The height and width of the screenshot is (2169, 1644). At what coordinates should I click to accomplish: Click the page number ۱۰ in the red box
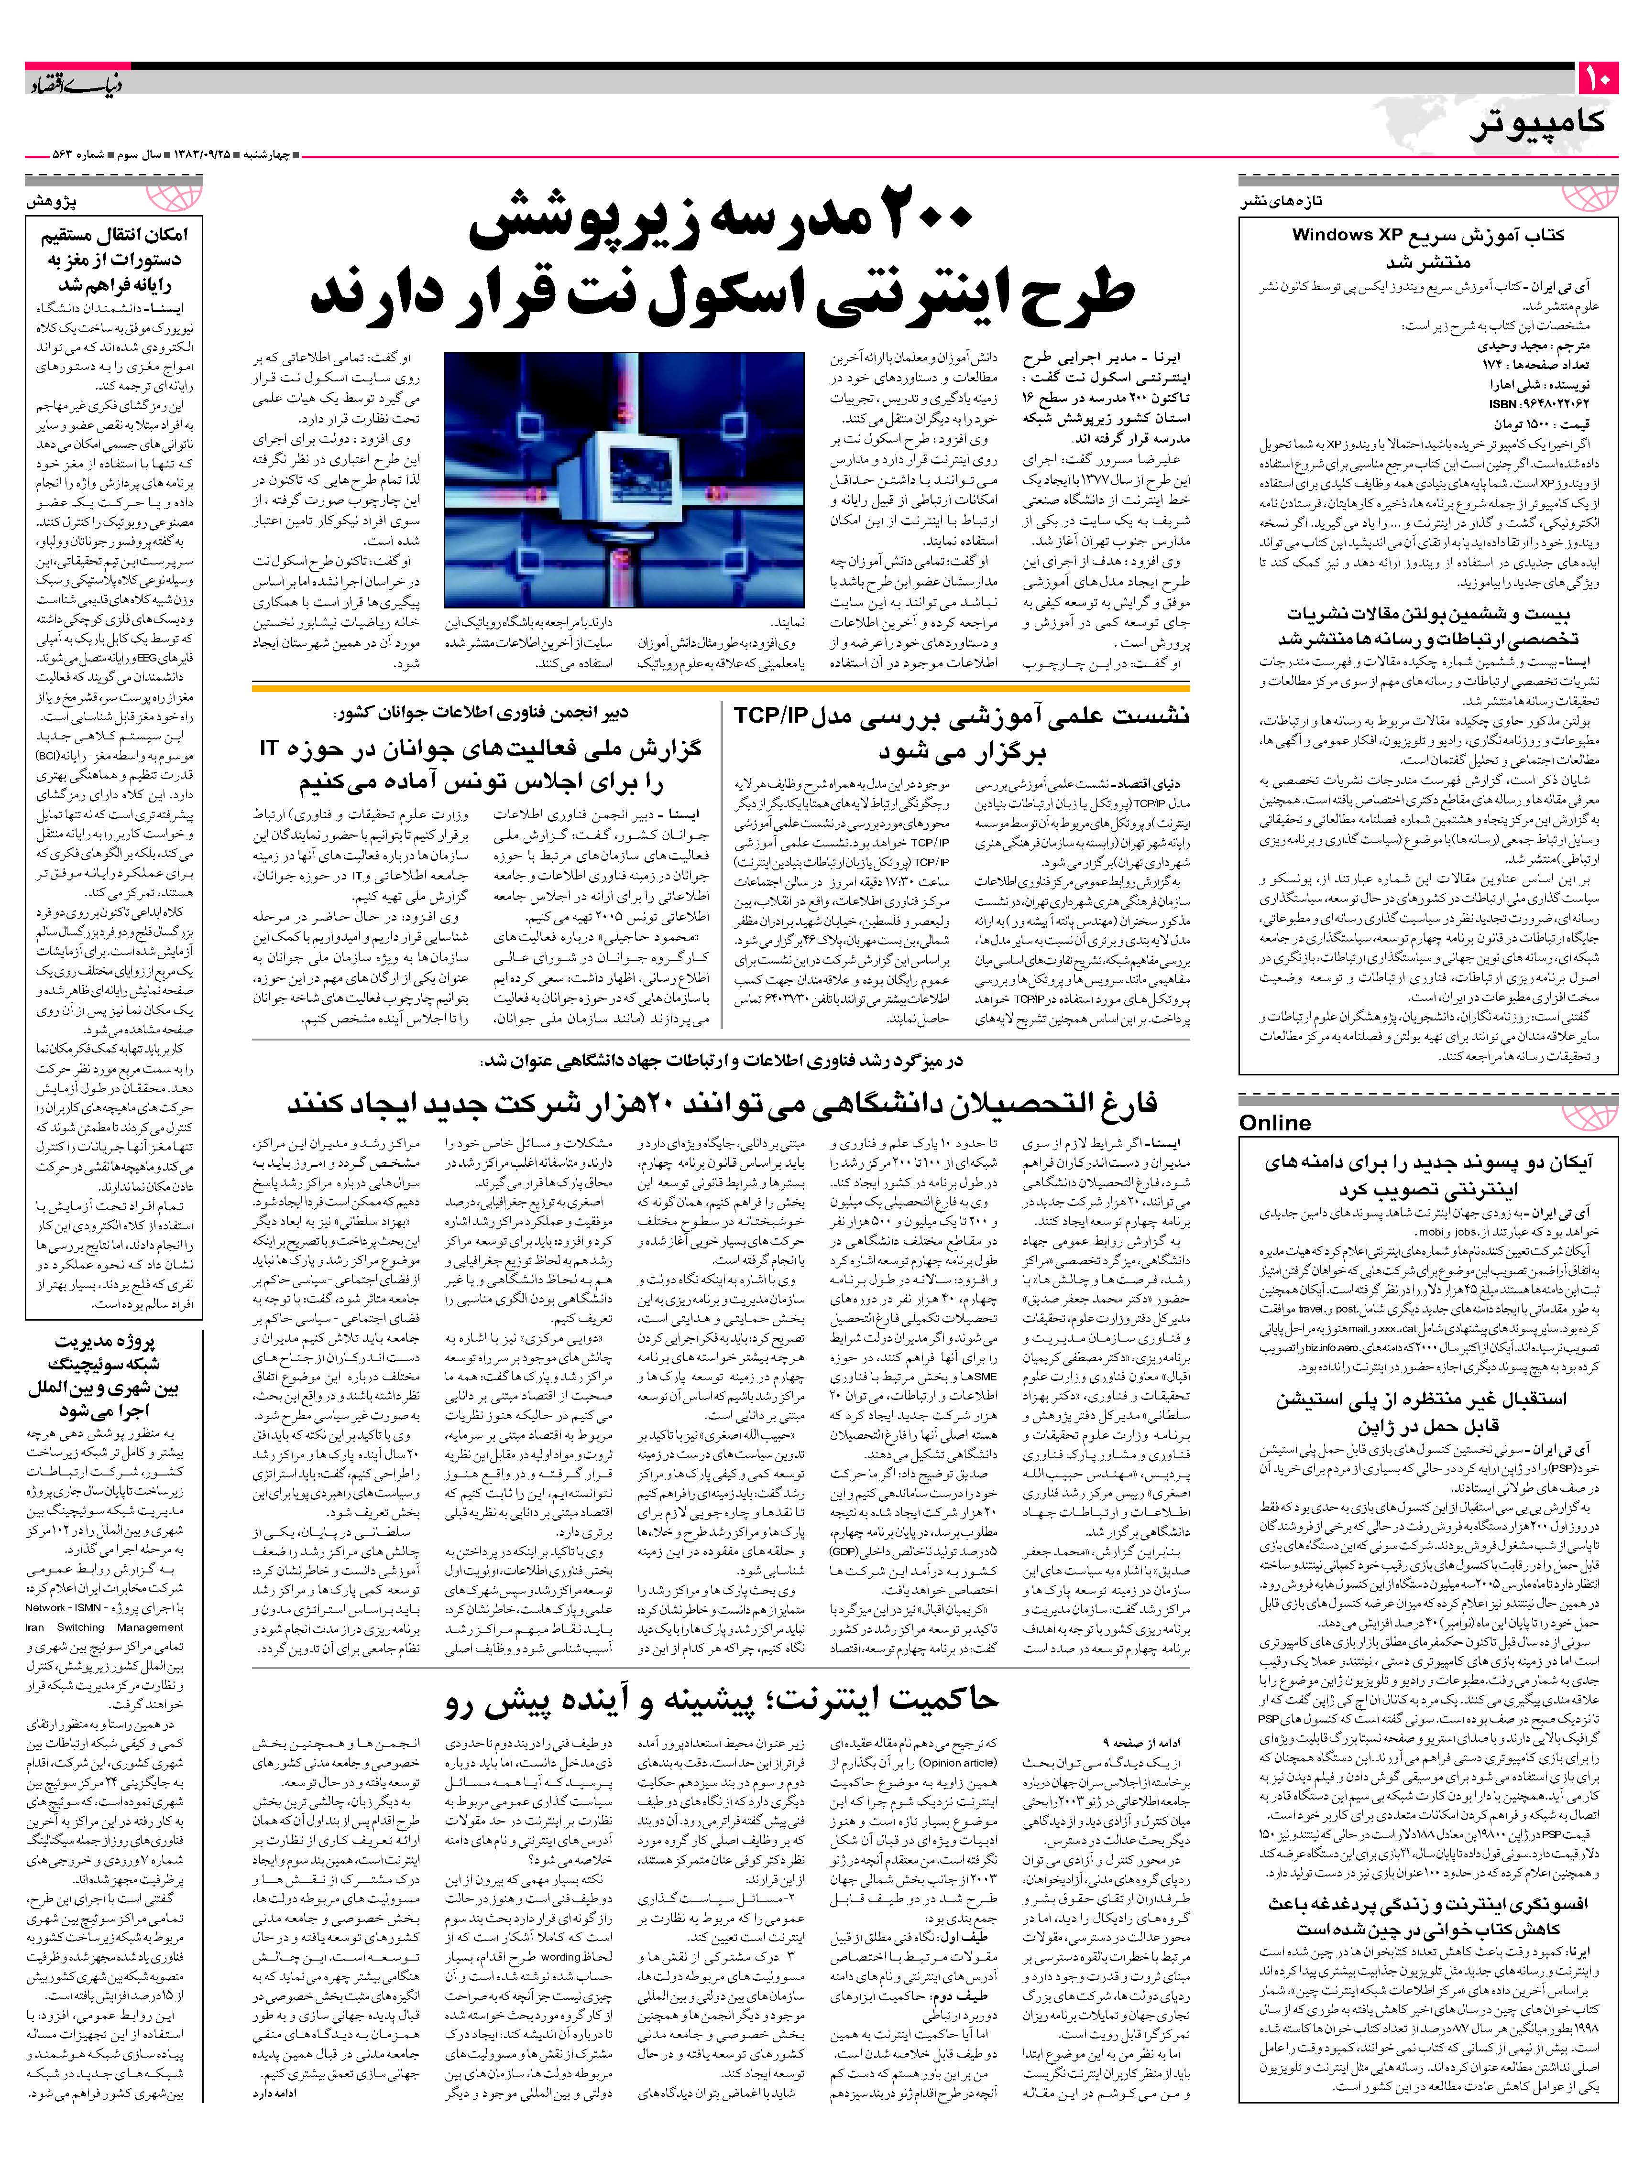[1597, 78]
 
